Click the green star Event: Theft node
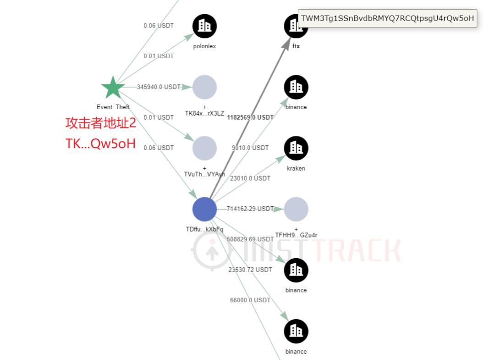coord(113,88)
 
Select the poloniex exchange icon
coord(204,26)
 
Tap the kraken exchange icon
coord(296,148)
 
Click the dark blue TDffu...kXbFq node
coord(204,209)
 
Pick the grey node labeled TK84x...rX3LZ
coord(204,87)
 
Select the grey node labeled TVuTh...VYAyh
coord(204,148)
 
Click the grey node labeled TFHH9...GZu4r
coord(296,209)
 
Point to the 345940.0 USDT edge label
coord(159,87)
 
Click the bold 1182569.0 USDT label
coord(250,117)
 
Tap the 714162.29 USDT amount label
coord(250,209)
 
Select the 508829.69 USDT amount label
coord(250,239)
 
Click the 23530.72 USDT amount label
coord(250,270)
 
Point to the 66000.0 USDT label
coord(250,300)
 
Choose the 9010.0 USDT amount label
coord(250,148)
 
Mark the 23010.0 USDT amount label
coord(250,178)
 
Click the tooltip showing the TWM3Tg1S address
coord(387,18)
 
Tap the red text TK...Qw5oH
coord(101,144)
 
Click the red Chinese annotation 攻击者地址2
coord(101,123)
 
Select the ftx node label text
coord(296,46)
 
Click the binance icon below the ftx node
coord(296,87)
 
